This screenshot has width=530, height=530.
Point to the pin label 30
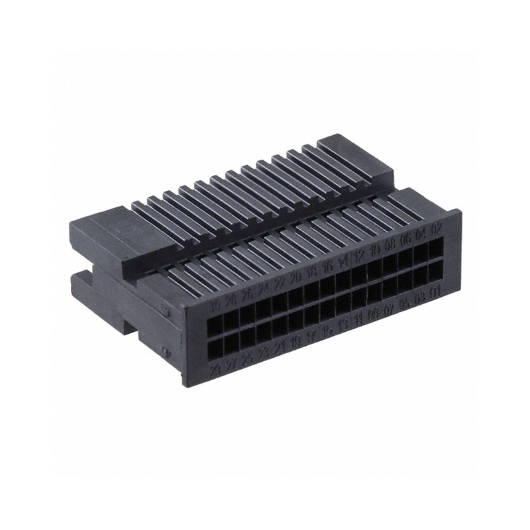tap(214, 307)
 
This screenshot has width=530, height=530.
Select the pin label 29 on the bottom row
tap(215, 370)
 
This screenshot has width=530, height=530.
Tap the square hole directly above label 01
tap(435, 272)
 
